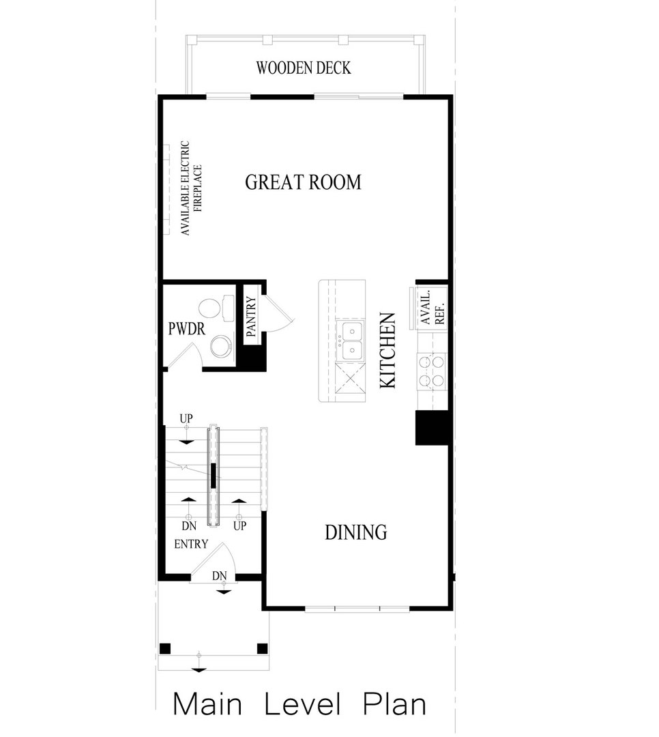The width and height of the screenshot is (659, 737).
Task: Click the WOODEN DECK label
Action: point(304,68)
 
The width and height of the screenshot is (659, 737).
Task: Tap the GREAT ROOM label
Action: point(303,182)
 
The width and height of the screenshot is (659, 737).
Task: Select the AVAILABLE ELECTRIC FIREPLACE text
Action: point(189,189)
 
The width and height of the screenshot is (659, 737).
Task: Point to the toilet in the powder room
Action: point(211,308)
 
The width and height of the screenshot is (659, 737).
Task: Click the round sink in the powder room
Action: point(220,346)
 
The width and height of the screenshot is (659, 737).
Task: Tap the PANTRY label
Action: point(250,317)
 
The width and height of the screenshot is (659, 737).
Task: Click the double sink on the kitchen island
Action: point(352,341)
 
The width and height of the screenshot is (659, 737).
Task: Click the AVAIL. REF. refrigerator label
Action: point(432,306)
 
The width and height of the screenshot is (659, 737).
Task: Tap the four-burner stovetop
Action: point(432,371)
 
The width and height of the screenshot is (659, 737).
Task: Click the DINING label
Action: point(355,532)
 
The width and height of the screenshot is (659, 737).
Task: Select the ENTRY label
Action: point(191,545)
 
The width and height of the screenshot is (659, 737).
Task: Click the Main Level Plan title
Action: point(299,704)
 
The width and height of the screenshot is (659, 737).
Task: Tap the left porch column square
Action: point(164,648)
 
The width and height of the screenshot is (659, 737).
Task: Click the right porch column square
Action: point(261,648)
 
